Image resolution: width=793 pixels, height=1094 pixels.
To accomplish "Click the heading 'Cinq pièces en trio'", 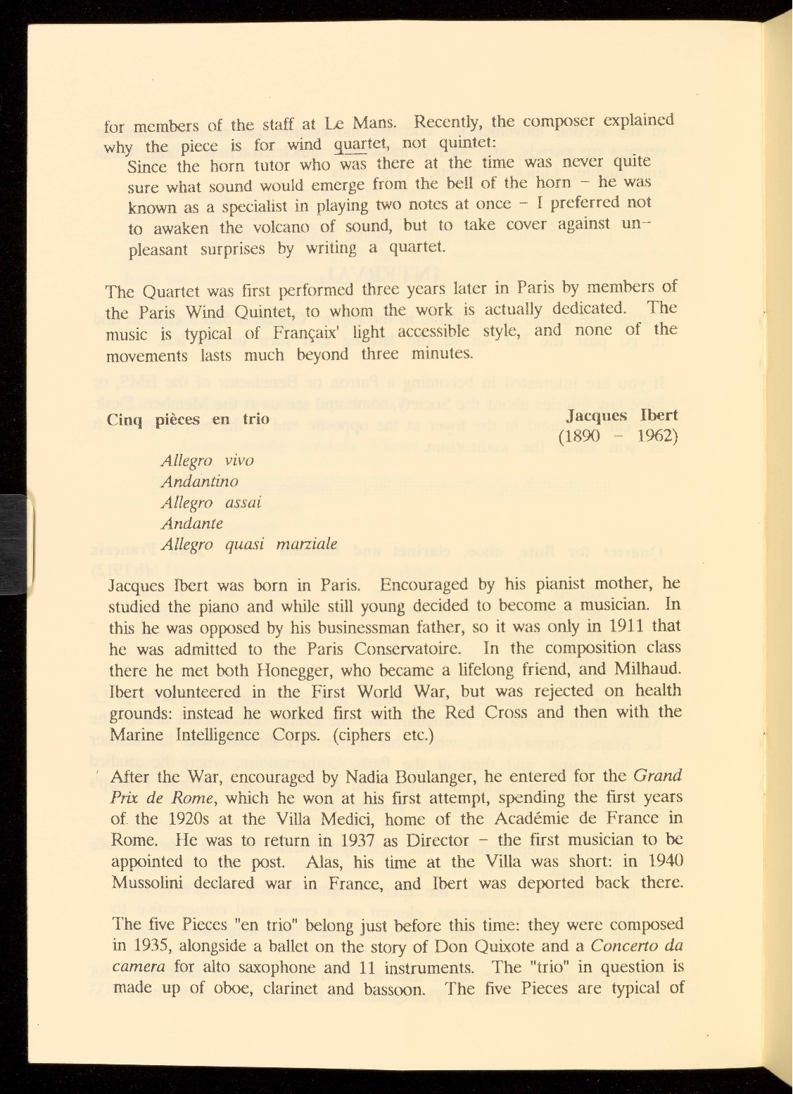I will point(188,419).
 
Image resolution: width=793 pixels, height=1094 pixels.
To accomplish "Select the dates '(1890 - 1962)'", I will point(617,437).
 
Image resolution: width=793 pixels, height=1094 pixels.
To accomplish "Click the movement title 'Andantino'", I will point(200,482).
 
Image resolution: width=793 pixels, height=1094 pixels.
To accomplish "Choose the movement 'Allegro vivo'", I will point(207,461).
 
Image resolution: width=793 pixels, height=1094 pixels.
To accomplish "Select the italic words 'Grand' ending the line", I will point(658,777).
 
